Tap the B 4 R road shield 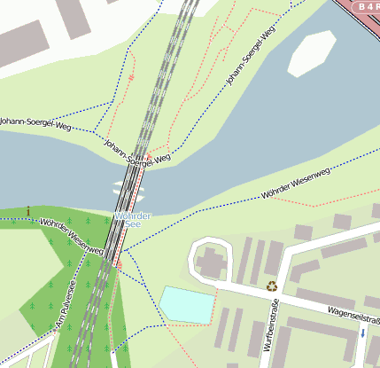[365, 7]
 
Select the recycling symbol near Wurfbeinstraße [272, 286]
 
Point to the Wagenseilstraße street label [352, 313]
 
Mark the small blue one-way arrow [361, 333]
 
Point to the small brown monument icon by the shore [28, 210]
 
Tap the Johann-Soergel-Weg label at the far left [35, 123]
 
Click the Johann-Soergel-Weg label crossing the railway [136, 154]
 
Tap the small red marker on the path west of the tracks [131, 78]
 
